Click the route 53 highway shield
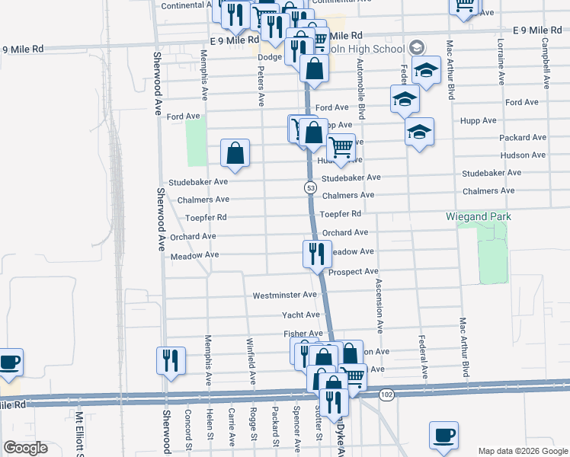[x=310, y=187]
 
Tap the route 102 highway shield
[x=386, y=394]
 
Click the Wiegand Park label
[x=478, y=217]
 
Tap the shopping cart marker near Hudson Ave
[x=341, y=146]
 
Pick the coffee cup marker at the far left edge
[x=9, y=362]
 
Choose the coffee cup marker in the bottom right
[x=444, y=435]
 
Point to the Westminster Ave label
[x=284, y=295]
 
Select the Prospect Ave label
[x=353, y=272]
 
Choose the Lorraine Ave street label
[x=501, y=62]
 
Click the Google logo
[x=25, y=448]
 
